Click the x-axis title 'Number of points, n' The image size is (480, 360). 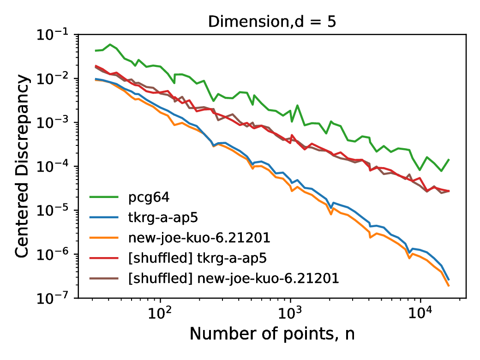coord(272,334)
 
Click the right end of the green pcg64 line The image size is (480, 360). coord(449,159)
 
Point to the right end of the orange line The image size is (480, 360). coord(449,286)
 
